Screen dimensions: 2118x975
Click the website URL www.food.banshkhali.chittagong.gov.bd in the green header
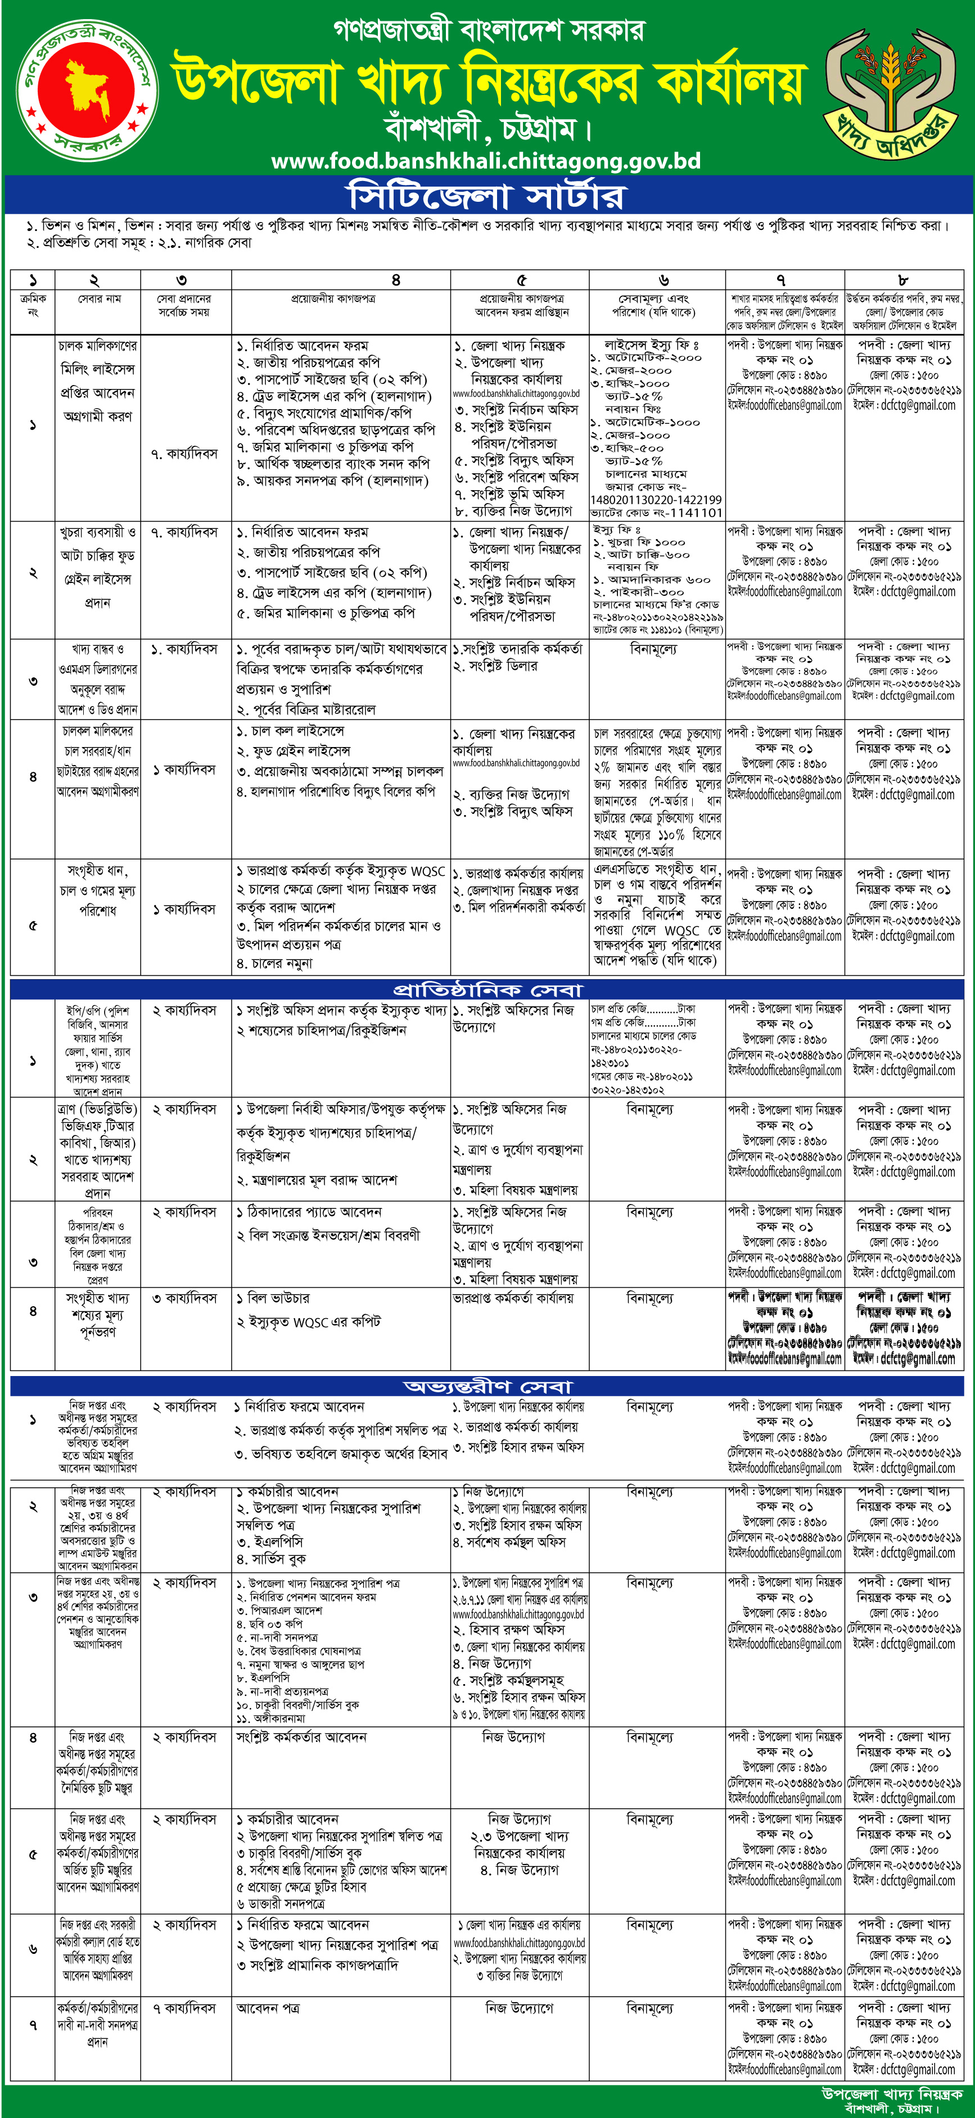(x=485, y=160)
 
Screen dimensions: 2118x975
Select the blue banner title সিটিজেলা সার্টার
(x=486, y=197)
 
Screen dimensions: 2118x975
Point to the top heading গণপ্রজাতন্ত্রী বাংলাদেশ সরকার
(x=488, y=30)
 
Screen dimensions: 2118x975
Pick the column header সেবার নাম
(x=99, y=298)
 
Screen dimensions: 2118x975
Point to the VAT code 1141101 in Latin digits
(x=684, y=512)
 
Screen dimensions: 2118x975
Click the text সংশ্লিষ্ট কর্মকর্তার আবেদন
(x=301, y=1737)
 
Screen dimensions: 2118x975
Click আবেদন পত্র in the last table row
(x=268, y=2008)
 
